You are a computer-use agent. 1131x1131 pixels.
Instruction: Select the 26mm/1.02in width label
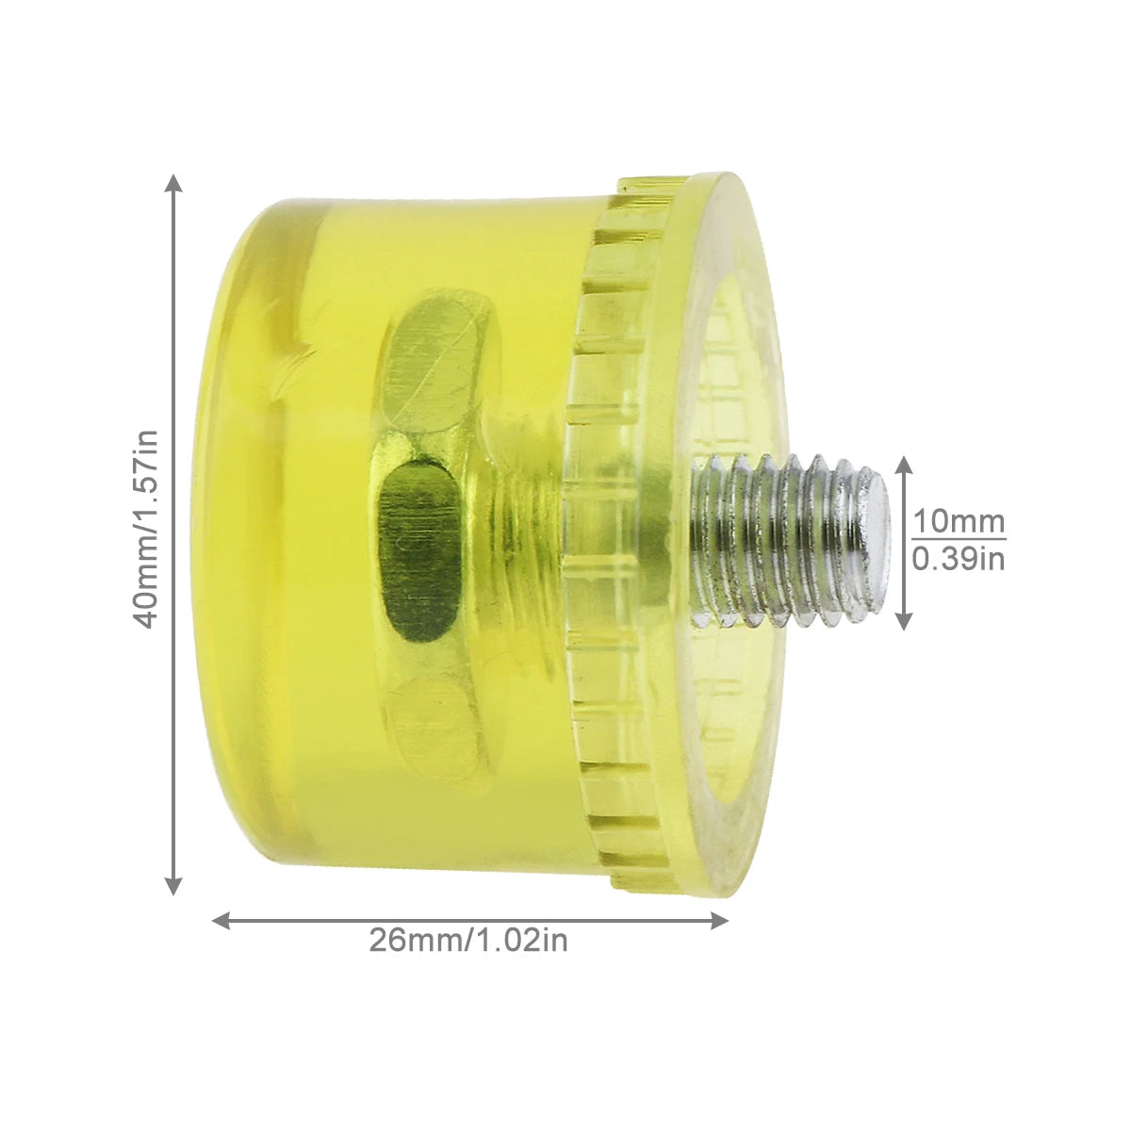point(468,941)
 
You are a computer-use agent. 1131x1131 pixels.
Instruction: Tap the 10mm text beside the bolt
point(959,521)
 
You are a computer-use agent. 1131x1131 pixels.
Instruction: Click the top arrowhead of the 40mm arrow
point(172,181)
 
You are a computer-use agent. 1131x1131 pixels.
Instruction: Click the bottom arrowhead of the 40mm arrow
point(172,886)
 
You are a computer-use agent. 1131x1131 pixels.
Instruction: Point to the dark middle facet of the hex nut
point(415,547)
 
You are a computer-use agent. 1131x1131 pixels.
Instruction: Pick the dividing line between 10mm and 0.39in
point(959,540)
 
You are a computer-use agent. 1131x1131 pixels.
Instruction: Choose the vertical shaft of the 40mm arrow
point(172,377)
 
